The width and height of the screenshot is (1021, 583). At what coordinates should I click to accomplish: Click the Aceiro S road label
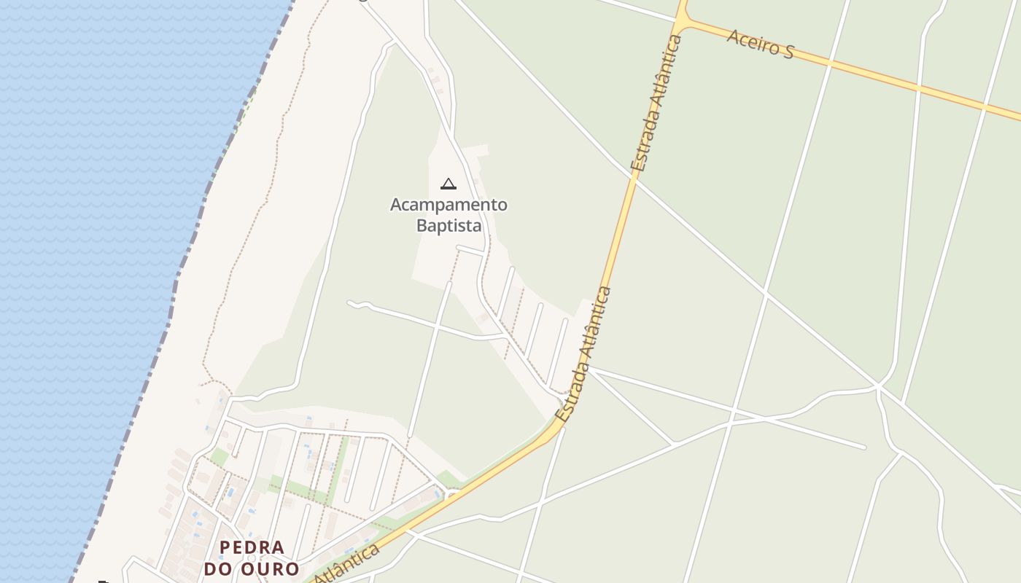click(x=760, y=43)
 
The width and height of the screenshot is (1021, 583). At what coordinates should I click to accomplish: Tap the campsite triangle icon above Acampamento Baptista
click(x=449, y=184)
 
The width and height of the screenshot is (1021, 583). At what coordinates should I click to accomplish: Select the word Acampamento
click(x=449, y=205)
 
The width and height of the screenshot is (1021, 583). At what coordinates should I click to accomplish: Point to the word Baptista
click(x=449, y=225)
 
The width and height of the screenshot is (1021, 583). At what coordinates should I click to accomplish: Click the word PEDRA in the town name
click(x=252, y=547)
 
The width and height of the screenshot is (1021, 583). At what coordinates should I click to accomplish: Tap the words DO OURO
click(x=252, y=568)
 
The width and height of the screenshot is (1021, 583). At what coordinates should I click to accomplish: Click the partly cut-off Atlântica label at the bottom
click(x=350, y=564)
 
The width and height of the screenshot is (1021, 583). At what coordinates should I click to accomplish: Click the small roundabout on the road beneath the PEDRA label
click(x=453, y=496)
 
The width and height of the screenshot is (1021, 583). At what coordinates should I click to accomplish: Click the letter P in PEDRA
click(x=225, y=547)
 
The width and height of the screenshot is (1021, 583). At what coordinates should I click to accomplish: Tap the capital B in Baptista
click(x=422, y=225)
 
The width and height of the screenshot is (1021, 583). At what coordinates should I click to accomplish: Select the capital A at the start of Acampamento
click(x=396, y=205)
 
